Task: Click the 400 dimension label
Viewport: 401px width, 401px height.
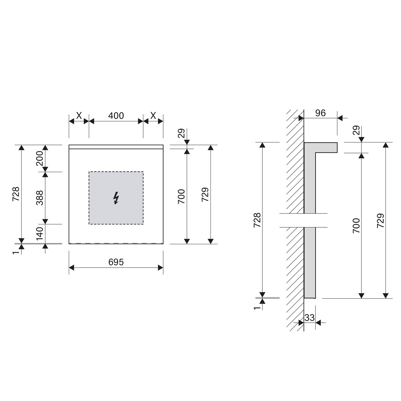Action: click(116, 116)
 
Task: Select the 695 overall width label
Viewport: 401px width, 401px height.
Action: click(116, 262)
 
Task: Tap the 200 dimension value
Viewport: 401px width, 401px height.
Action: click(40, 158)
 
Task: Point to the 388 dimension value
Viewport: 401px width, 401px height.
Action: click(40, 198)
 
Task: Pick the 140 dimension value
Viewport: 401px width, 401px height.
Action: click(40, 233)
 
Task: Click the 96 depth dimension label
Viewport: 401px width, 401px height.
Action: click(320, 113)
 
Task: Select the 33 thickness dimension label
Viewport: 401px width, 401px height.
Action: click(309, 318)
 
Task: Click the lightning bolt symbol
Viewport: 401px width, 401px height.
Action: click(116, 198)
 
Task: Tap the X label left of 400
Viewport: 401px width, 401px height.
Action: click(79, 116)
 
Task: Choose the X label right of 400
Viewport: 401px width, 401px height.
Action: click(153, 116)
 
